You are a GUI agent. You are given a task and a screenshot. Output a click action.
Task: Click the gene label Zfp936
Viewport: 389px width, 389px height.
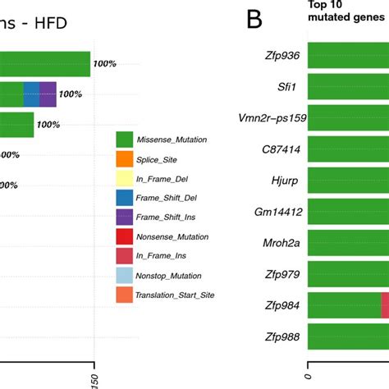[279, 57]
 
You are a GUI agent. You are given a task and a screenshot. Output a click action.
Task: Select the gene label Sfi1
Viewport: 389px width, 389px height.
[286, 87]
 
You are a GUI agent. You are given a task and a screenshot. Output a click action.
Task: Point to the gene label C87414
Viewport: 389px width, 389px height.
[281, 149]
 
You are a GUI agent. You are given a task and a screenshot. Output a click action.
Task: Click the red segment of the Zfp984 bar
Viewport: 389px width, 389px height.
[385, 305]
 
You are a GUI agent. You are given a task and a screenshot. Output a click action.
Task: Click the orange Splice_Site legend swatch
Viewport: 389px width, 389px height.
[125, 159]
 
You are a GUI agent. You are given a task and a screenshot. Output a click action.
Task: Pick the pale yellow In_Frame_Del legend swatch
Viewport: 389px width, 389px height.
[125, 179]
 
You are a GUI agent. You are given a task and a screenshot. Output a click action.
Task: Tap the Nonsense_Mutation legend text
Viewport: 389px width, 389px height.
[173, 237]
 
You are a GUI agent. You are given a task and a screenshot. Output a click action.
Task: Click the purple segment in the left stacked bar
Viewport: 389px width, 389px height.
[48, 94]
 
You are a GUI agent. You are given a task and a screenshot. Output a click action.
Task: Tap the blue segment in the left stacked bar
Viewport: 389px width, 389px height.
[31, 94]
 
